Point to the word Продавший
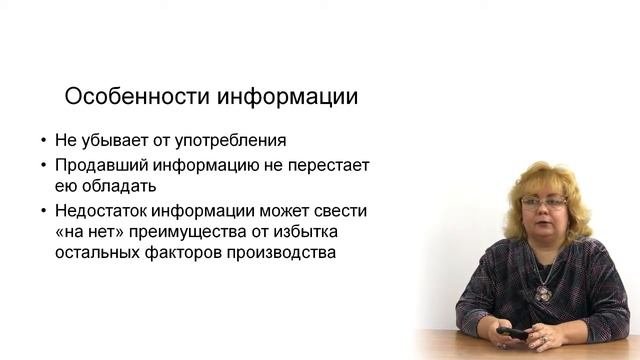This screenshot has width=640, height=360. [x=98, y=164]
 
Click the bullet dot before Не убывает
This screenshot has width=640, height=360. [x=43, y=141]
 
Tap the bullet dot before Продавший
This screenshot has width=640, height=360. [x=43, y=165]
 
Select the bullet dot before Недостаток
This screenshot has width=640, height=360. [x=43, y=211]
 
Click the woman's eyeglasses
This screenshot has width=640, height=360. [x=544, y=204]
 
